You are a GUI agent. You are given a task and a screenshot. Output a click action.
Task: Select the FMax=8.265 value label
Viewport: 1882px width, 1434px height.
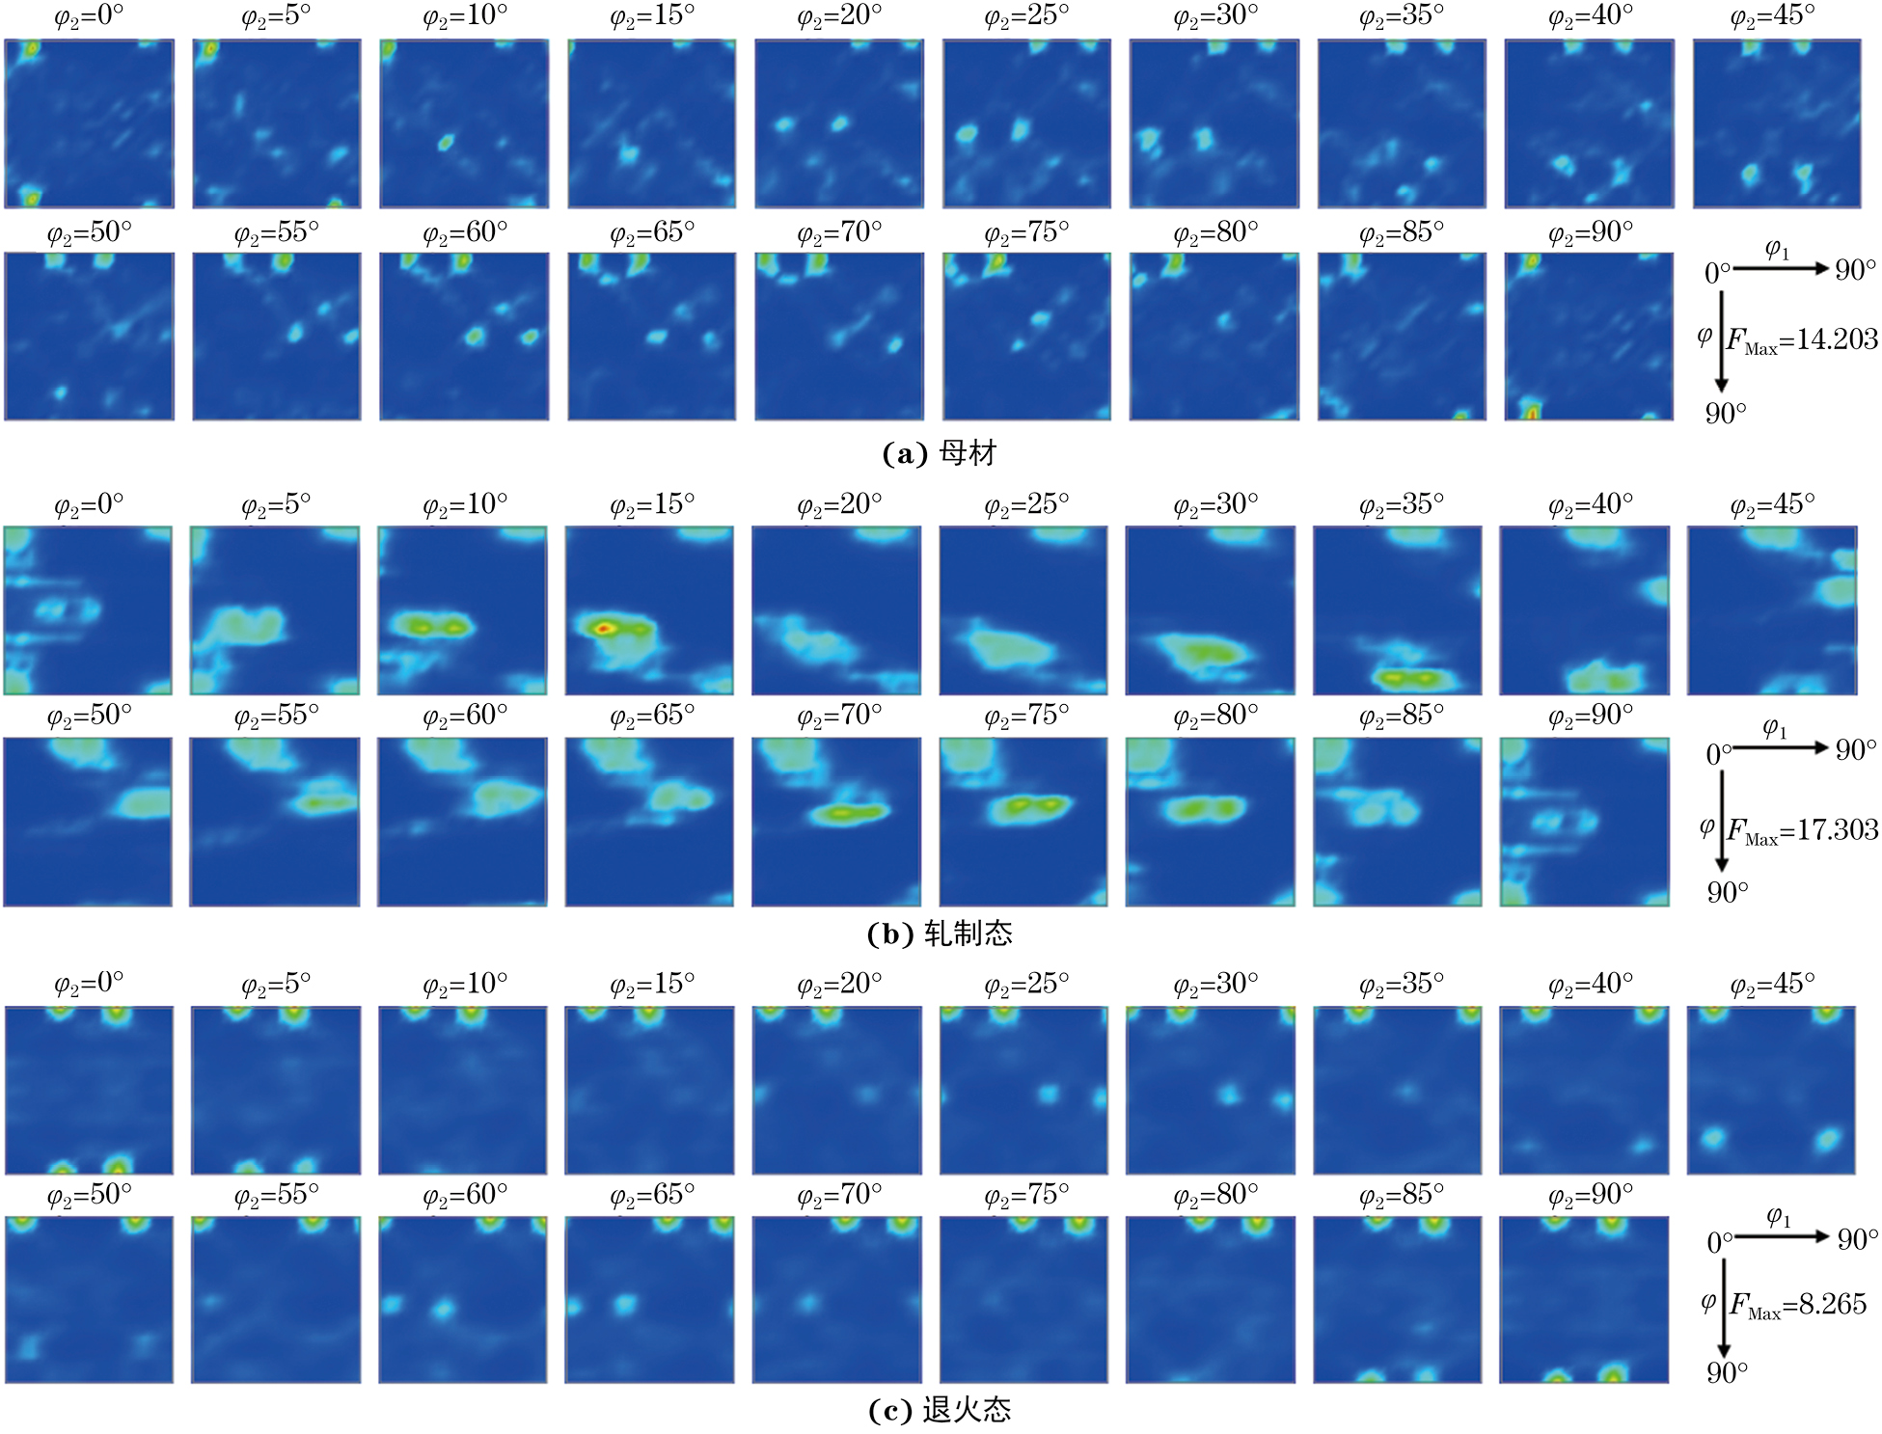1797,1305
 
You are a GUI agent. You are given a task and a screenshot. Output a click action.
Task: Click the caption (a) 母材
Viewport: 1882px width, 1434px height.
940,453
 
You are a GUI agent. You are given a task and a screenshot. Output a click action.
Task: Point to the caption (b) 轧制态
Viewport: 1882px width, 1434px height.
940,933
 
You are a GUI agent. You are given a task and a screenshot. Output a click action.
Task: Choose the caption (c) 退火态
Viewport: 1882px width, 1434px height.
940,1410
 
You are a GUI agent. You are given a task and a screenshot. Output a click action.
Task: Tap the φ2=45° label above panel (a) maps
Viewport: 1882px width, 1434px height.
1772,16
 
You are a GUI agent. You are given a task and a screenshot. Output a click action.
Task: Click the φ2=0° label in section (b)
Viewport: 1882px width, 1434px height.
89,504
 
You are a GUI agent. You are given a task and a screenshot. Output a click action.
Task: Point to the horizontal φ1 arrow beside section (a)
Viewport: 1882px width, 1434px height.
1781,268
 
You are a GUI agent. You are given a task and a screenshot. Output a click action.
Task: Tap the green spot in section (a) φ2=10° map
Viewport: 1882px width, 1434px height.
445,143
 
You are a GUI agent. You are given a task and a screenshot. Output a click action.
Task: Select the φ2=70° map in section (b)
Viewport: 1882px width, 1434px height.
836,822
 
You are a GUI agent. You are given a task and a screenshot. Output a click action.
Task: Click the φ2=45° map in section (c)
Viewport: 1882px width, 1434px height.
1771,1091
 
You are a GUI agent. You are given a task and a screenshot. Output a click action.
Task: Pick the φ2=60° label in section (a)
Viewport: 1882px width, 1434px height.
464,233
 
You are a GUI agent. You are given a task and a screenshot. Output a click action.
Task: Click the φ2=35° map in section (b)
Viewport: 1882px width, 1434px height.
1397,610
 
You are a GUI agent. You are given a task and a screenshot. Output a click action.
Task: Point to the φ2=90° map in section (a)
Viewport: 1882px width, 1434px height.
1588,337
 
